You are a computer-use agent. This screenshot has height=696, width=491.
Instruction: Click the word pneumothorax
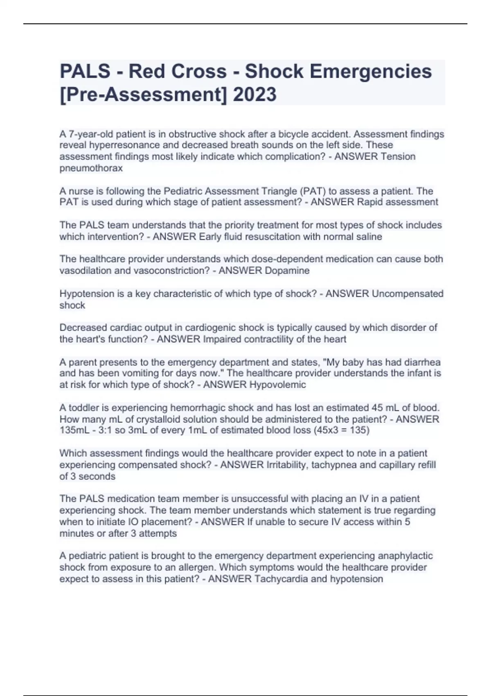pyautogui.click(x=91, y=168)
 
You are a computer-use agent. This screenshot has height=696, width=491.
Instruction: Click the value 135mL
pyautogui.click(x=73, y=430)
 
